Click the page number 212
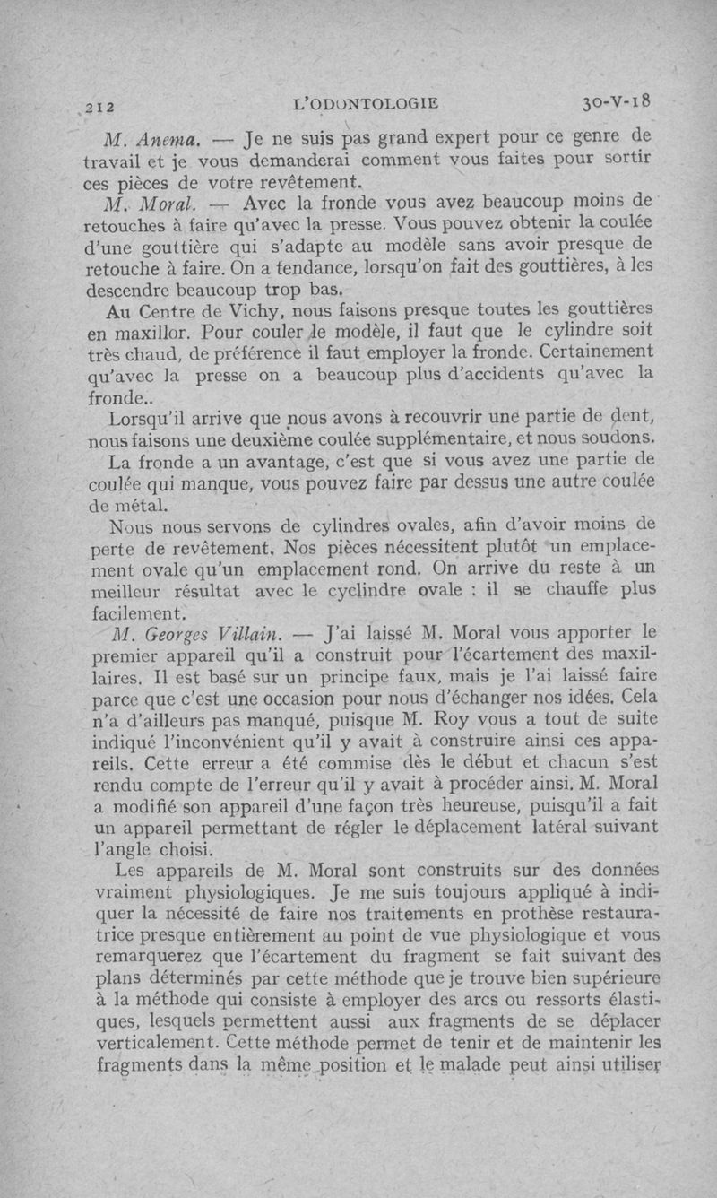99,105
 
